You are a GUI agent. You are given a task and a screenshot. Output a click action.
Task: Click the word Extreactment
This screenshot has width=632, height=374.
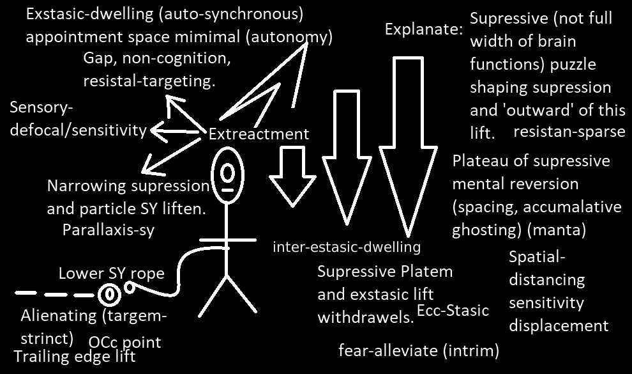pyautogui.click(x=259, y=134)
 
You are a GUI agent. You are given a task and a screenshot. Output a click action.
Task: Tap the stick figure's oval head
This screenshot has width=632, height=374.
pyautogui.click(x=227, y=171)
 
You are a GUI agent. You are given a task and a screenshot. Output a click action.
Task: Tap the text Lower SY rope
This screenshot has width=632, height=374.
pyautogui.click(x=111, y=274)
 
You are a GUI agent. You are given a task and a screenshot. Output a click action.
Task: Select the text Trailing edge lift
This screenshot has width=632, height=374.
pyautogui.click(x=75, y=357)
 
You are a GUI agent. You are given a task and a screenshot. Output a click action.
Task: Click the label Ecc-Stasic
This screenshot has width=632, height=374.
pyautogui.click(x=453, y=311)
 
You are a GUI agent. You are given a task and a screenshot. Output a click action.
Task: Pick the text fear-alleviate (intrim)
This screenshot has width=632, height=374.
pyautogui.click(x=419, y=350)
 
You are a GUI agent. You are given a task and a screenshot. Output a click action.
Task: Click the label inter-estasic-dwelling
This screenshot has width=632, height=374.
pyautogui.click(x=347, y=246)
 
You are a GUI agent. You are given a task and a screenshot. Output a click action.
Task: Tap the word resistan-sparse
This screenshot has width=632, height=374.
pyautogui.click(x=569, y=132)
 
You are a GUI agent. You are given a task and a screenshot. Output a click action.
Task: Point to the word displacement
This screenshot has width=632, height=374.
pyautogui.click(x=559, y=325)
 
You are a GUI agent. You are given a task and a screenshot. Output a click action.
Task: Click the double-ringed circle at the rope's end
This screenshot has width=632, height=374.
pyautogui.click(x=109, y=294)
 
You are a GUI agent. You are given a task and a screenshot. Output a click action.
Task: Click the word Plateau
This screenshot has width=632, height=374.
pyautogui.click(x=483, y=160)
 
